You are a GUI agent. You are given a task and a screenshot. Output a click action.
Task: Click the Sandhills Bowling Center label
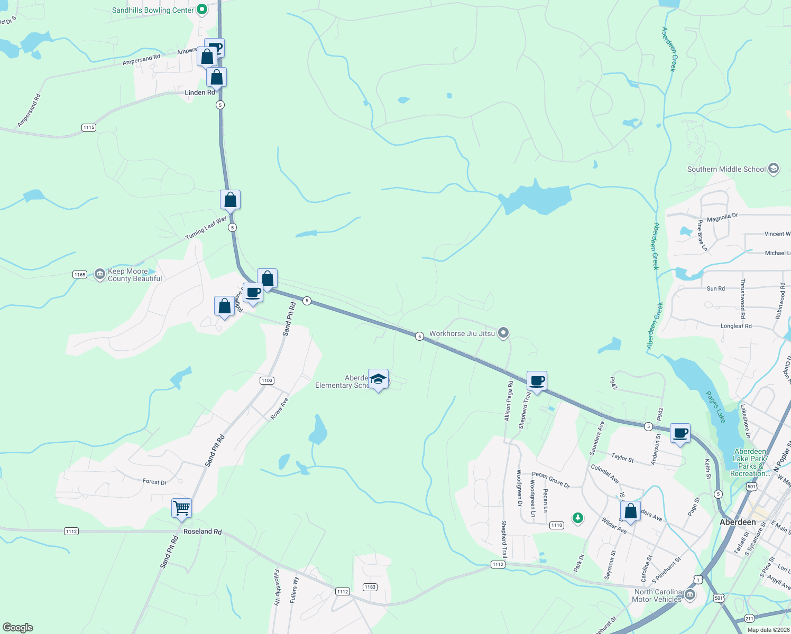(153, 10)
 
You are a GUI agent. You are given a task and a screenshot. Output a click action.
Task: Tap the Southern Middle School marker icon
(774, 169)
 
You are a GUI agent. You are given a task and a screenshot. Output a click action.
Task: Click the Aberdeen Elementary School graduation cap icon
(378, 379)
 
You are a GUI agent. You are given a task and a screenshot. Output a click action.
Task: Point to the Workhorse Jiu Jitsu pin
(504, 333)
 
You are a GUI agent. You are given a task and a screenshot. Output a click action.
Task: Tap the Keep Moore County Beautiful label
(135, 275)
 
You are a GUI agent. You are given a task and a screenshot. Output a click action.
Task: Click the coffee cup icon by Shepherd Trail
(537, 381)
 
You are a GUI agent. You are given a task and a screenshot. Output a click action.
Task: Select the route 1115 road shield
(89, 127)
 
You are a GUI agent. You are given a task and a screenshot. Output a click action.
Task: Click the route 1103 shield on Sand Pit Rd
(267, 380)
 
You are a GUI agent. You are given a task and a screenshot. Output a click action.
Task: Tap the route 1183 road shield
(370, 587)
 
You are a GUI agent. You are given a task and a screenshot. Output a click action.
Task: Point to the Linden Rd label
(200, 92)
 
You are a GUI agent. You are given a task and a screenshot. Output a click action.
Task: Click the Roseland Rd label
(203, 532)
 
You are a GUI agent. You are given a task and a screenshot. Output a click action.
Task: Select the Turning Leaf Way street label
(206, 228)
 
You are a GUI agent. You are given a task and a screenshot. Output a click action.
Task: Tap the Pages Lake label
(715, 407)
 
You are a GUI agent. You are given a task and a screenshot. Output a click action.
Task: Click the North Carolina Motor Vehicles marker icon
(689, 595)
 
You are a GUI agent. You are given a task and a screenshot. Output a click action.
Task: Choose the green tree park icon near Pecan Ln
(578, 518)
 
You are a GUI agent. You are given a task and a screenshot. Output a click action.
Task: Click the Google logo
(18, 628)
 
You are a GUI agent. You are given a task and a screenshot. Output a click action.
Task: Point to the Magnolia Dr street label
(722, 217)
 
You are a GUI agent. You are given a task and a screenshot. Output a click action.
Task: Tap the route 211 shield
(749, 618)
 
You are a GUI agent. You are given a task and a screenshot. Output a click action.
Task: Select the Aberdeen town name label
(738, 522)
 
